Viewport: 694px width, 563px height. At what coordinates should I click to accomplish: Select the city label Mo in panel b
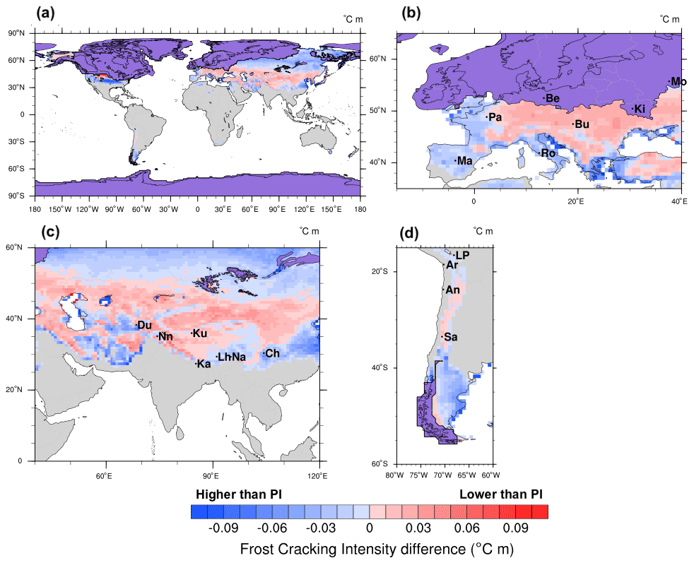(678, 82)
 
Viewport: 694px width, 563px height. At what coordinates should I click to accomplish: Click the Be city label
(553, 98)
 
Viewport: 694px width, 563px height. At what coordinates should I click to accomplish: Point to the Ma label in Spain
(464, 162)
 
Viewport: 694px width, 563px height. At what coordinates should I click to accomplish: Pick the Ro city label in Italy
(548, 153)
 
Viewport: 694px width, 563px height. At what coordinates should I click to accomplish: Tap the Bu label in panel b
(582, 124)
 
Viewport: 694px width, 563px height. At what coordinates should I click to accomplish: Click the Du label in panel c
(145, 325)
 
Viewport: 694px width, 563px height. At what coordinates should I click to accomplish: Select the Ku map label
(200, 333)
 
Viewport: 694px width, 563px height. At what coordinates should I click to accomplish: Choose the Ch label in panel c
(272, 353)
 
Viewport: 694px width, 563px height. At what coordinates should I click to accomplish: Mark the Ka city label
(204, 365)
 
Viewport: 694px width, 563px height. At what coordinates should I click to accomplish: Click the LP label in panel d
(463, 255)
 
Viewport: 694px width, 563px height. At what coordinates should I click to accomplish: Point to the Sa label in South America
(450, 338)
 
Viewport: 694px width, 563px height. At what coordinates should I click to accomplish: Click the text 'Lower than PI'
(500, 493)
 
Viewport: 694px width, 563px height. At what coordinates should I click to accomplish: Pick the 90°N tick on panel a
(16, 33)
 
